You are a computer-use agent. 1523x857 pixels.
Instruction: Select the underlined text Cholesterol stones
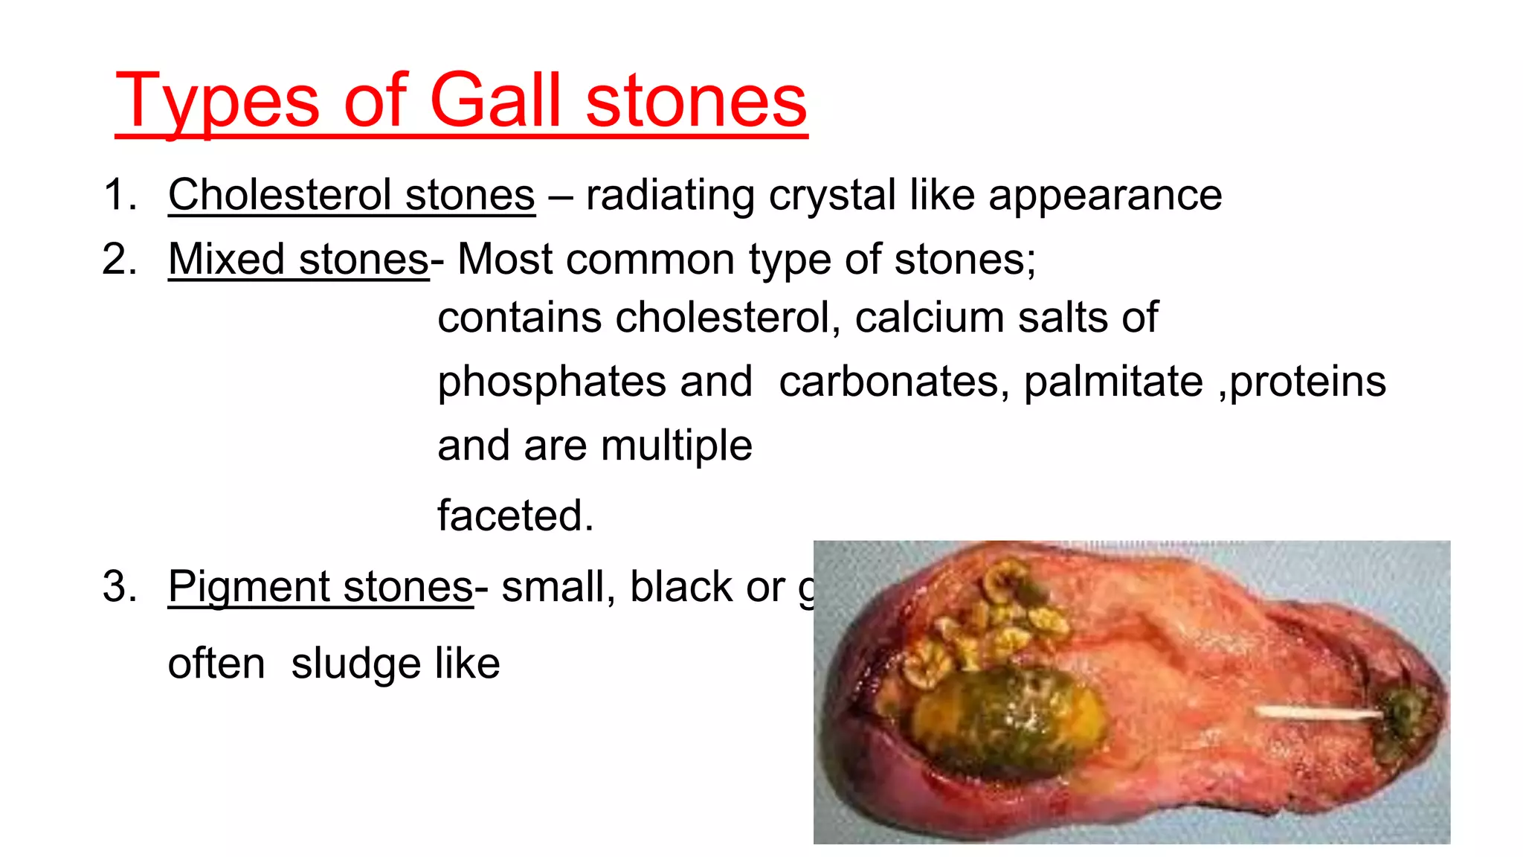coord(351,195)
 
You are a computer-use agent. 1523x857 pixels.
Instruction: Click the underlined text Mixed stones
coord(298,260)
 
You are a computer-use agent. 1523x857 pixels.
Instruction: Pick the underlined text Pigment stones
coord(320,587)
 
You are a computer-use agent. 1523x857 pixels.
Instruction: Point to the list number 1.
coord(119,195)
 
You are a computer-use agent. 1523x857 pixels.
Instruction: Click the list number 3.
coord(119,587)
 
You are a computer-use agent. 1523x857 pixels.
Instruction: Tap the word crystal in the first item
coord(831,195)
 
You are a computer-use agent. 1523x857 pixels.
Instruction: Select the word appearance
coord(1105,195)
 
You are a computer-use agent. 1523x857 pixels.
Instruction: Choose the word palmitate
coord(1113,382)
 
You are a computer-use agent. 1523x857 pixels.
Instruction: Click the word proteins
coord(1308,382)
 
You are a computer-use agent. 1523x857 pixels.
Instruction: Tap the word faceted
coord(515,516)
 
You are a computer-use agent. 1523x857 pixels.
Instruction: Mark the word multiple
coord(676,446)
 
